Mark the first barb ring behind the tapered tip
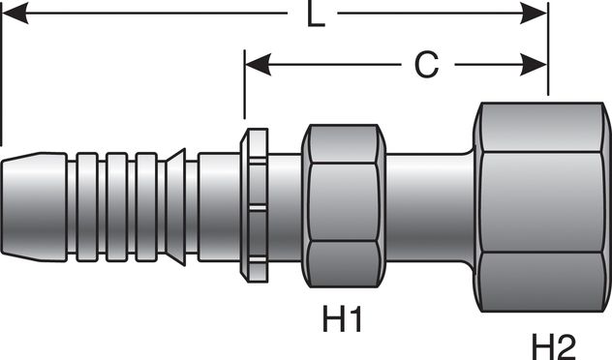(x=86, y=206)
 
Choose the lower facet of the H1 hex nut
(x=342, y=263)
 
